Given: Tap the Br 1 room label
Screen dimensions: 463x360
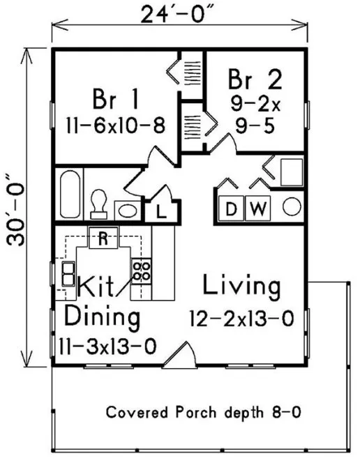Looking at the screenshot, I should [114, 98].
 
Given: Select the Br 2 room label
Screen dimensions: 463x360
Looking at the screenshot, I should [255, 81].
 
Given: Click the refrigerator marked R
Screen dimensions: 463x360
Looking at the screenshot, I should [103, 240].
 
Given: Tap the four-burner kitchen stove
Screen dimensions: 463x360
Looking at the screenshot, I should [142, 271].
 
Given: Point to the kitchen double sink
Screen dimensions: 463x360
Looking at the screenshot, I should [68, 274].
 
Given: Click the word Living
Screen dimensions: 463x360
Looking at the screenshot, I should [242, 287].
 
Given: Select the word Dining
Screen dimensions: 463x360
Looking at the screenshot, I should [101, 317].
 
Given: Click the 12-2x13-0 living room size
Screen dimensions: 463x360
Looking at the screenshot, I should [241, 319].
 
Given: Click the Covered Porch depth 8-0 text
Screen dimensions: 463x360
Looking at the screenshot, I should [203, 412].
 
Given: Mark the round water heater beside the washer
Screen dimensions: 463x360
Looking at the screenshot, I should [292, 206].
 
